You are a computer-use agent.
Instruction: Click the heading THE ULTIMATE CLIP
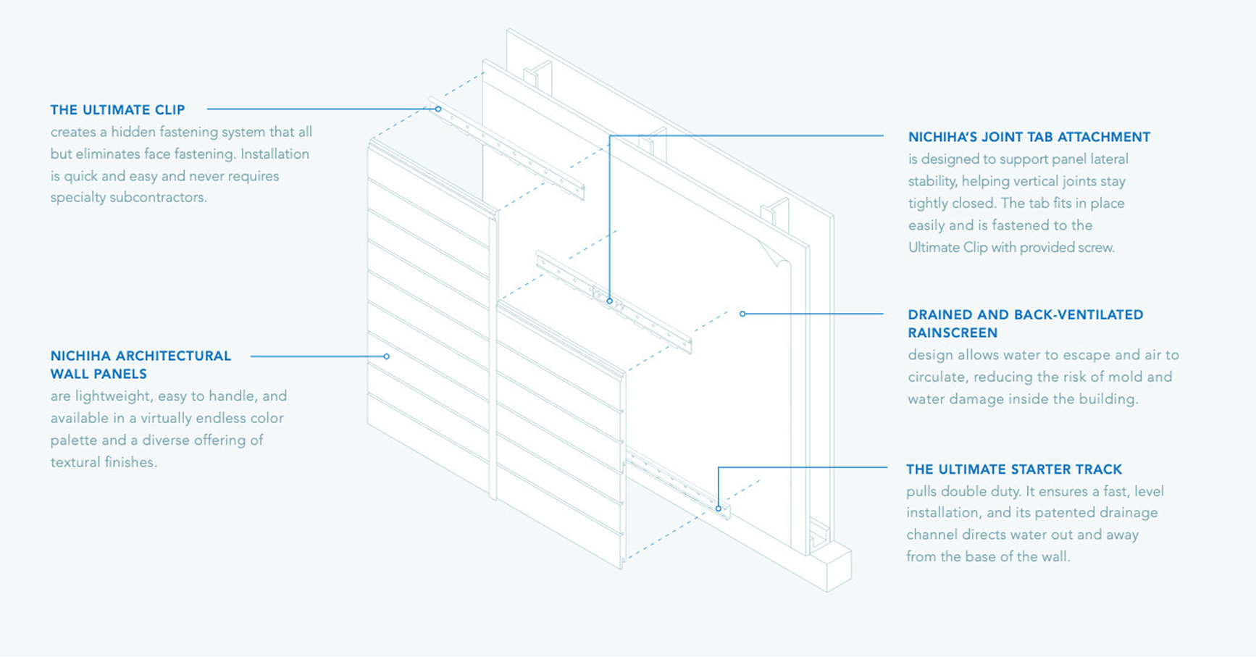[117, 109]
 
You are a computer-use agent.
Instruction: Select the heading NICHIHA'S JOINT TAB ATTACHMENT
[1029, 137]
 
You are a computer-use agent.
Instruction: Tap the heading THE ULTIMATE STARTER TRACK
[1013, 469]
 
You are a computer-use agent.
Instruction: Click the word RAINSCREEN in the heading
[953, 333]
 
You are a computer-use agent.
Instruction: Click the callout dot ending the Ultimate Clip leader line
[438, 109]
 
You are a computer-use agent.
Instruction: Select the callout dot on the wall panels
[386, 356]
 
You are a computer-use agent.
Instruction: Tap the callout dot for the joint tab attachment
[609, 301]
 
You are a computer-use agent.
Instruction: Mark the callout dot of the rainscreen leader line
[742, 314]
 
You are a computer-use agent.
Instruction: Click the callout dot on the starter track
[719, 509]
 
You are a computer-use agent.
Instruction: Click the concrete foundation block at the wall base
[833, 569]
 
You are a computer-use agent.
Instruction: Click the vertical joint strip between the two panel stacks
[493, 362]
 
